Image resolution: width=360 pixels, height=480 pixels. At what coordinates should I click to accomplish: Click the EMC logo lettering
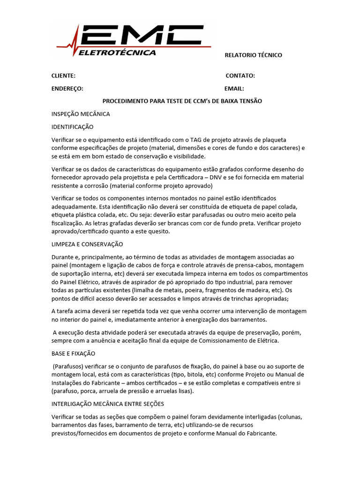coord(141,35)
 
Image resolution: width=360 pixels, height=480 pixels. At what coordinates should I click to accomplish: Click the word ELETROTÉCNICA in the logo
coord(117,52)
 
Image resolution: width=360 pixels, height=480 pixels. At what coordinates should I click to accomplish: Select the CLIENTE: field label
coord(63,76)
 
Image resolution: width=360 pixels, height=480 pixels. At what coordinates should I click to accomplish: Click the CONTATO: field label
coord(240,76)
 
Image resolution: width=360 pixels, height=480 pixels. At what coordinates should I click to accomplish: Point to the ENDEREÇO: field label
coord(67,89)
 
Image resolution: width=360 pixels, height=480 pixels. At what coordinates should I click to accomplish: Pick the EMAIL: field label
coord(234,89)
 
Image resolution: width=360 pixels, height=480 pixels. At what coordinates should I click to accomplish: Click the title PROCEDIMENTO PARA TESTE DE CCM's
coord(182,101)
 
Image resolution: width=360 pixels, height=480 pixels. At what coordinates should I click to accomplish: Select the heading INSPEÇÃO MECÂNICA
coord(81,114)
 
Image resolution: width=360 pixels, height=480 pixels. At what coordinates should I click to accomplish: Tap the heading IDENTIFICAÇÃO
coord(73,127)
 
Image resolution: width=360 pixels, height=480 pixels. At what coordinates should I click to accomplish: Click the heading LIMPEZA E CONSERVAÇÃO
coord(87,244)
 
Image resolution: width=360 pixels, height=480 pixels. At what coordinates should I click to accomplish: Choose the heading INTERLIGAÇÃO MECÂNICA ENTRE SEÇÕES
coord(107,404)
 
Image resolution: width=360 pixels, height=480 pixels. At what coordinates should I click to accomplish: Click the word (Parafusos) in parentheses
coord(69,366)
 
